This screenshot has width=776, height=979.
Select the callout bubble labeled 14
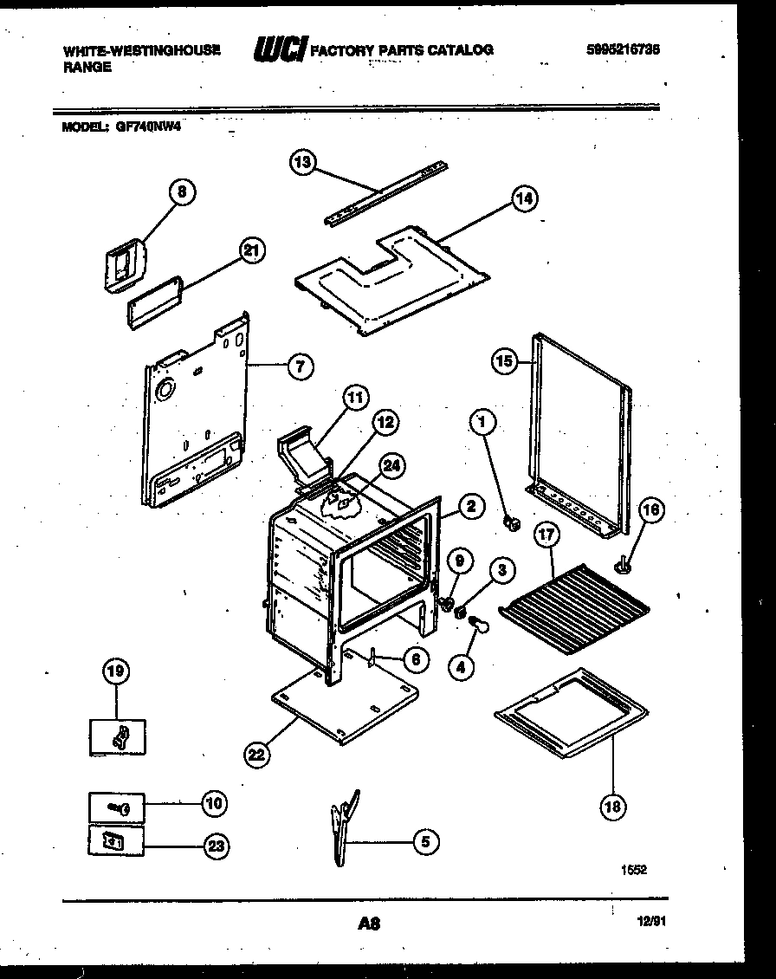tap(523, 198)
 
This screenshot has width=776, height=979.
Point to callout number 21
tap(250, 251)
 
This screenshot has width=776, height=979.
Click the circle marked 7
tap(299, 366)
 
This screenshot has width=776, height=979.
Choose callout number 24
tap(392, 466)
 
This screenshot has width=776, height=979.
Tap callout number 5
tap(425, 840)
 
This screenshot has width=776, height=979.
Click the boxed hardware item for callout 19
tap(119, 736)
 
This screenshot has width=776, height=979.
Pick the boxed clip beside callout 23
tap(116, 840)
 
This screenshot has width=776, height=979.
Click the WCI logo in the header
tap(279, 51)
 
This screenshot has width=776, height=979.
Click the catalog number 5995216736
tap(623, 50)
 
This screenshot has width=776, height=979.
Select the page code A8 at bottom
tap(369, 924)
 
